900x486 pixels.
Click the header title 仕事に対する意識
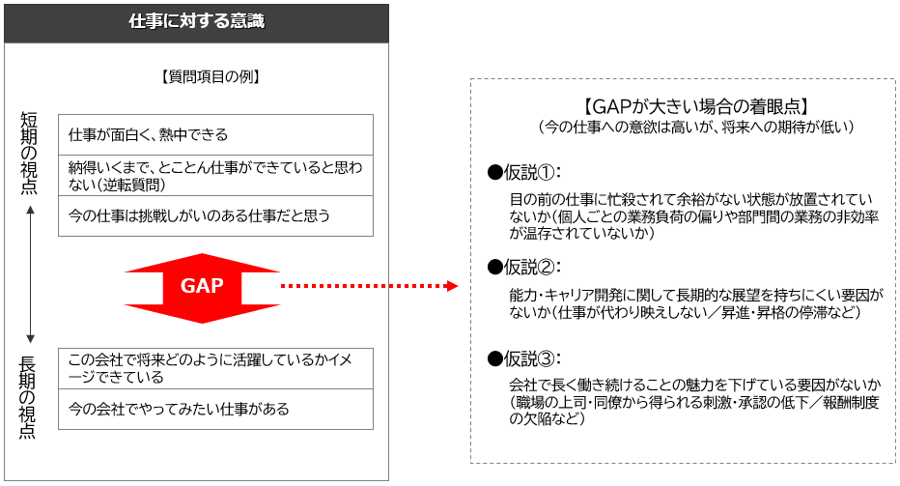(196, 21)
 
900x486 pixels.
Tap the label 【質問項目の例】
(211, 76)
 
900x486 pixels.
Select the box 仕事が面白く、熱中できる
(215, 135)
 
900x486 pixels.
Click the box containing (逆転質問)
(215, 176)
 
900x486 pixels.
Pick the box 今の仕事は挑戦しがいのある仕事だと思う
(215, 216)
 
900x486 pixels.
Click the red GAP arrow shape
(202, 288)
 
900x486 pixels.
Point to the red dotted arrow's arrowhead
(452, 285)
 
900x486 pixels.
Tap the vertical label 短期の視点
(29, 153)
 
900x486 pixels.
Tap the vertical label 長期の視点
(28, 397)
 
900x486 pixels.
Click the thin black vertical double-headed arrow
(31, 275)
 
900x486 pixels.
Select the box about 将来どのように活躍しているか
(215, 369)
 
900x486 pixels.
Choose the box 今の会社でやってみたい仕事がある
(215, 409)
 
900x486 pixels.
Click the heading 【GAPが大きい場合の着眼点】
(696, 106)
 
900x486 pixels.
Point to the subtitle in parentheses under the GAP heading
(696, 127)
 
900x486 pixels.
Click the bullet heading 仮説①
(524, 172)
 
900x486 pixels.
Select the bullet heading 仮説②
(524, 267)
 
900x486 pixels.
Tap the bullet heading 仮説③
(524, 358)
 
